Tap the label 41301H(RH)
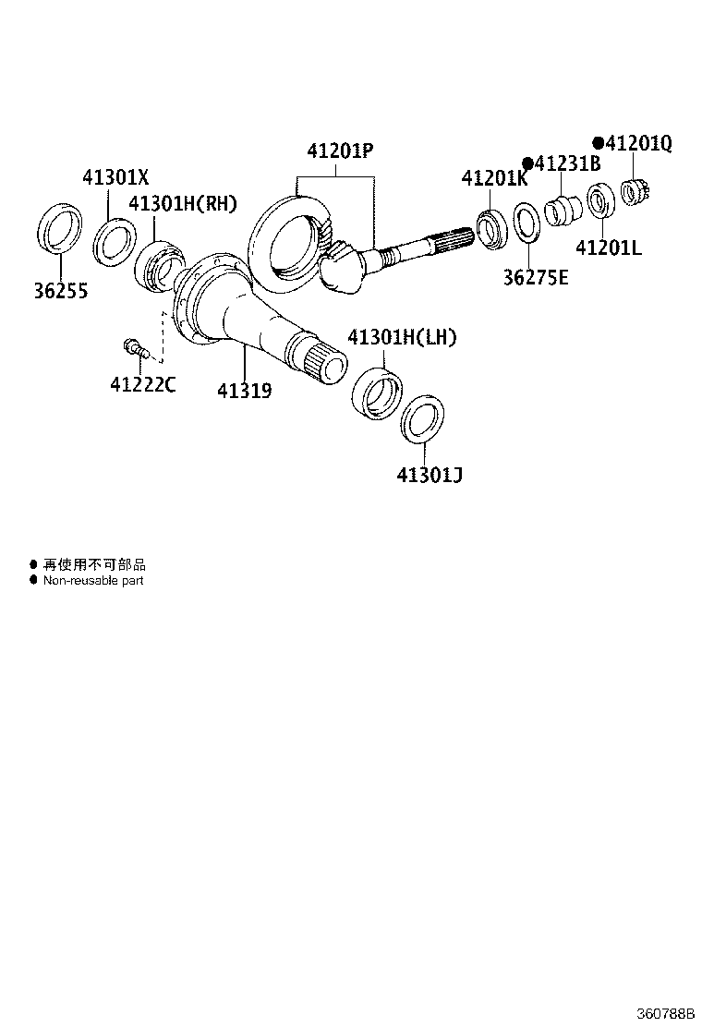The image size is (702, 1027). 182,204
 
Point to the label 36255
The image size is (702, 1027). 60,291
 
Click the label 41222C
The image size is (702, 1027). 142,384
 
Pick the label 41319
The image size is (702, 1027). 244,391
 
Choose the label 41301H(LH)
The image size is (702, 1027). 402,337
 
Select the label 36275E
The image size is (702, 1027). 536,277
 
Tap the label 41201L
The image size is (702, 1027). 608,248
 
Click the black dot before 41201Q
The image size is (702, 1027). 599,143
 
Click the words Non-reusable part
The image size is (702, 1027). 93,581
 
